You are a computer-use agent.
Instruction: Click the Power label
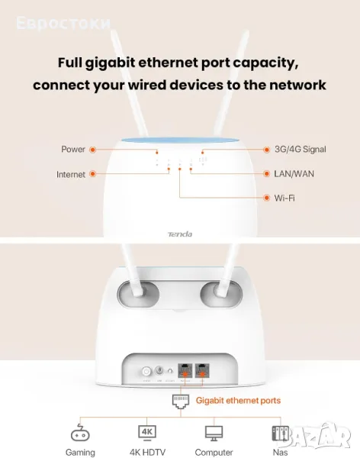point(73,150)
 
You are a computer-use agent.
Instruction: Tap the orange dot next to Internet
point(93,174)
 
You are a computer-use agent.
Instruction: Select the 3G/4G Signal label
point(301,150)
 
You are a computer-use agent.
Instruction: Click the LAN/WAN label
point(294,174)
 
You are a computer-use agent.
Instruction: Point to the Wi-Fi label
point(284,198)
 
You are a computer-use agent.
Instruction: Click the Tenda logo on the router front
point(180,234)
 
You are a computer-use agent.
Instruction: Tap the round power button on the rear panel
point(146,372)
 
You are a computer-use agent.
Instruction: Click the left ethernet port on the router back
point(185,371)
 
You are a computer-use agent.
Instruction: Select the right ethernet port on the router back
point(202,371)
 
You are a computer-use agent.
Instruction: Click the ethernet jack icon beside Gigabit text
point(181,402)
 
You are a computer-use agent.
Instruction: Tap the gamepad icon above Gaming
point(80,432)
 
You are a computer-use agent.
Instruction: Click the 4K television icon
point(147,433)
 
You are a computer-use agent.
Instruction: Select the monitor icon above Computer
point(214,433)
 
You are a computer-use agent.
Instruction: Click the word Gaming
point(80,453)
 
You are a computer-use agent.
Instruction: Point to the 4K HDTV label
point(147,453)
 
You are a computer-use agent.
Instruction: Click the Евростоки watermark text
point(63,24)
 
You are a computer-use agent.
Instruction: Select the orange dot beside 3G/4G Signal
point(266,150)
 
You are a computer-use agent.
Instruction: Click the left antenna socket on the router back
point(138,294)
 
